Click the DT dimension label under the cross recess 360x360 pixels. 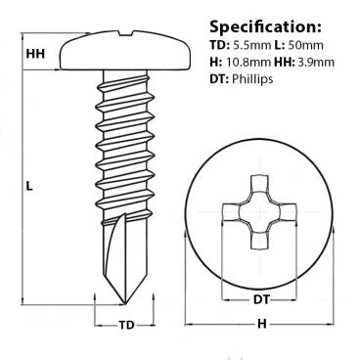click(x=261, y=298)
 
